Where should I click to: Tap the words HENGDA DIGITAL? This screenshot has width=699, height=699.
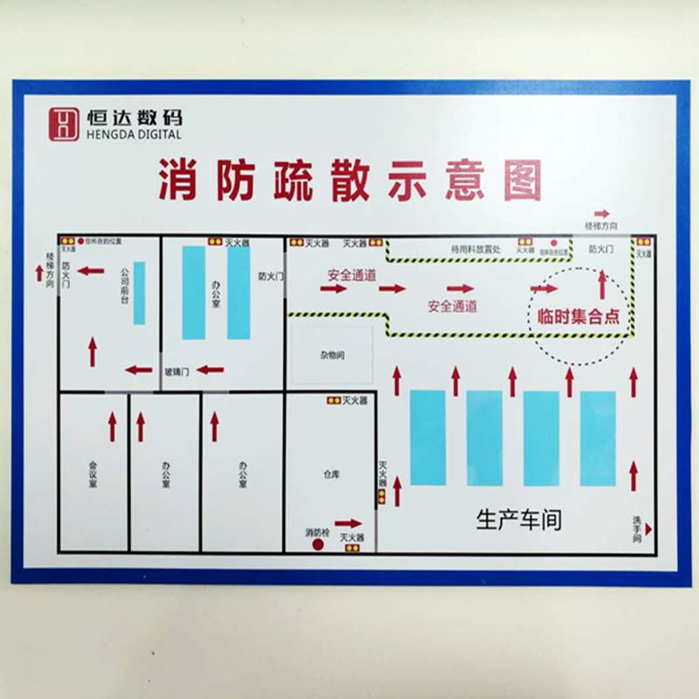tap(135, 135)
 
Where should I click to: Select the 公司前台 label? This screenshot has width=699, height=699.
tap(124, 285)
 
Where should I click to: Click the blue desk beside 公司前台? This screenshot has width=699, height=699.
tap(139, 293)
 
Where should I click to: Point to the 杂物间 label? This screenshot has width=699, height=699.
tap(331, 356)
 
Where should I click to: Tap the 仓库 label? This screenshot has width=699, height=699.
tap(331, 473)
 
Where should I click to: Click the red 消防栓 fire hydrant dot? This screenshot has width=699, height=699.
tap(318, 544)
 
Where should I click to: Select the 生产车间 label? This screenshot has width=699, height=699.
tap(518, 520)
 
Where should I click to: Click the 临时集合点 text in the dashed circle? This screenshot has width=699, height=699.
tap(579, 316)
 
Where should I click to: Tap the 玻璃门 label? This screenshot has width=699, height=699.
tap(176, 371)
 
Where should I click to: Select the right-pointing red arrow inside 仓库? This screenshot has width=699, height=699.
tap(348, 523)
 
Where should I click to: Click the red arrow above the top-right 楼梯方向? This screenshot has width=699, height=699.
tap(601, 214)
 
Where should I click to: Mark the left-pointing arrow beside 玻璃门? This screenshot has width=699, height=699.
tap(211, 370)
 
